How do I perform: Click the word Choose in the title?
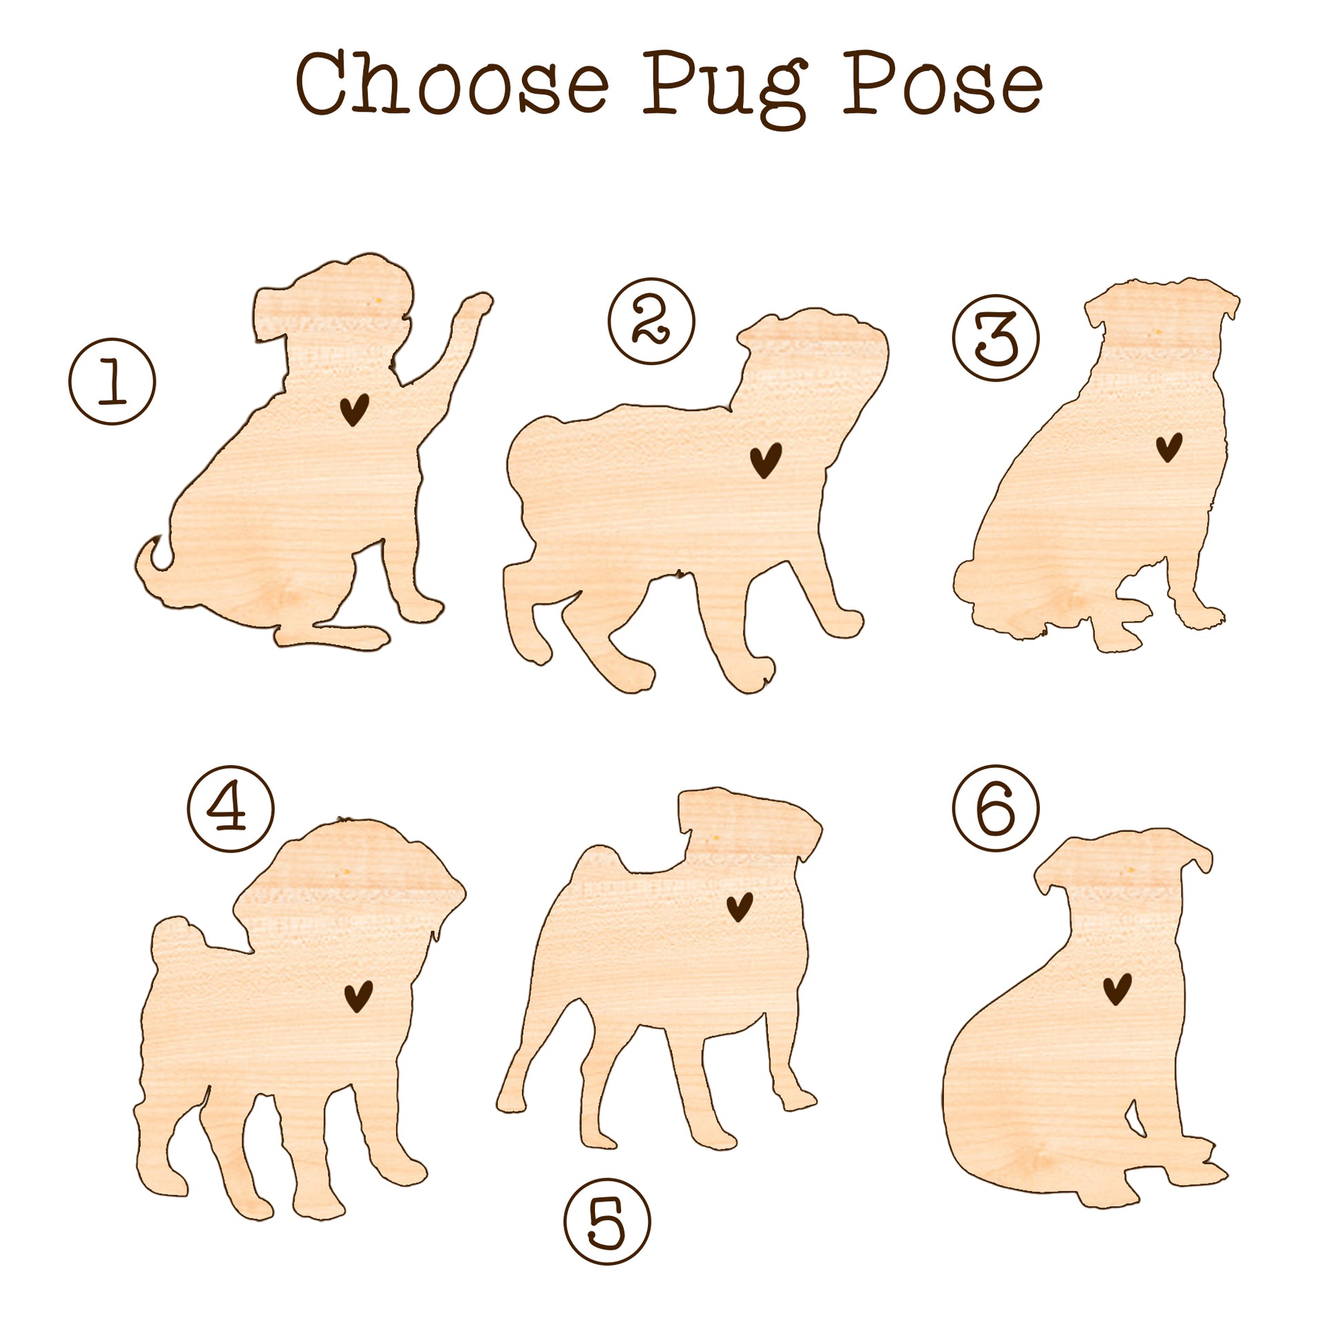coord(452,84)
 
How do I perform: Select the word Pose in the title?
coord(943,84)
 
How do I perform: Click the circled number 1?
coord(112,381)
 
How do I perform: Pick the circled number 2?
coord(652,321)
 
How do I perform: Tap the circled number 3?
coord(996,338)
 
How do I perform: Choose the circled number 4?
coord(231,808)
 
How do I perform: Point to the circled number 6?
coord(996,808)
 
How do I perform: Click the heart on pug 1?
coord(354,409)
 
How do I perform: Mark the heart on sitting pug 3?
coord(1169,448)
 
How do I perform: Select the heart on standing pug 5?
coord(740,907)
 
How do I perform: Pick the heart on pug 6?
coord(1118,989)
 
